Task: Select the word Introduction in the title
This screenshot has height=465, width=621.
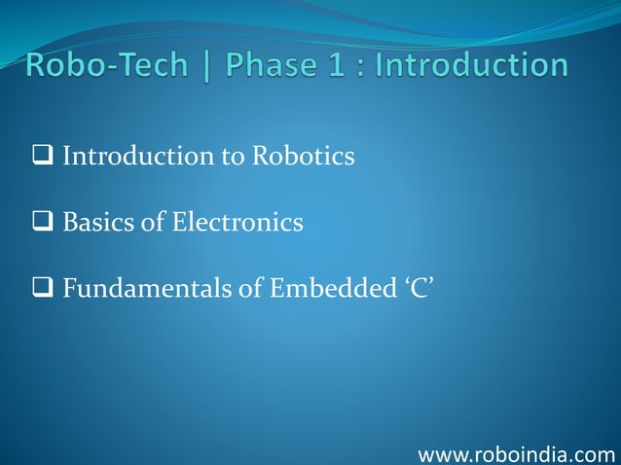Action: (473, 67)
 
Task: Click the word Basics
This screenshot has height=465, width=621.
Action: (99, 224)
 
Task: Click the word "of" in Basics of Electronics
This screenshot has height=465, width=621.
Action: (154, 224)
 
